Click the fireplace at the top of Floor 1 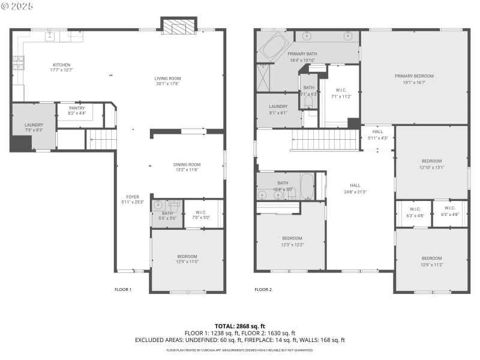click(179, 27)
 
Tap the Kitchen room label click(62, 65)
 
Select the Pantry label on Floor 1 click(77, 108)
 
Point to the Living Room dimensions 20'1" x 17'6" click(167, 83)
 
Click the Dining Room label click(187, 164)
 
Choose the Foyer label click(133, 197)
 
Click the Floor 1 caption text click(123, 289)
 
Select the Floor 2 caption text click(263, 289)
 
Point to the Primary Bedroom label click(414, 76)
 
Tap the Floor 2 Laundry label click(278, 106)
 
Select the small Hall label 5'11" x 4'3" click(377, 132)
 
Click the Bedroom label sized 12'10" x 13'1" click(431, 161)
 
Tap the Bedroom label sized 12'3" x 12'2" click(292, 238)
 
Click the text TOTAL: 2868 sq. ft click(240, 325)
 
